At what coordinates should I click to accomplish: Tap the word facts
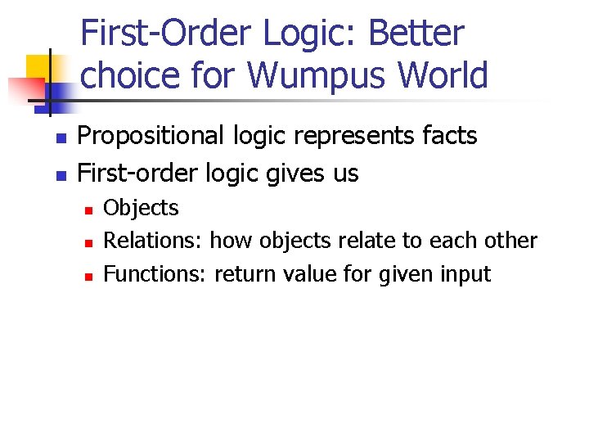pos(447,136)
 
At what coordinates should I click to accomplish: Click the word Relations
pos(153,241)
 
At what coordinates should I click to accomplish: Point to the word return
pos(245,274)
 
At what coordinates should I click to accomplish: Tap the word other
pos(511,241)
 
